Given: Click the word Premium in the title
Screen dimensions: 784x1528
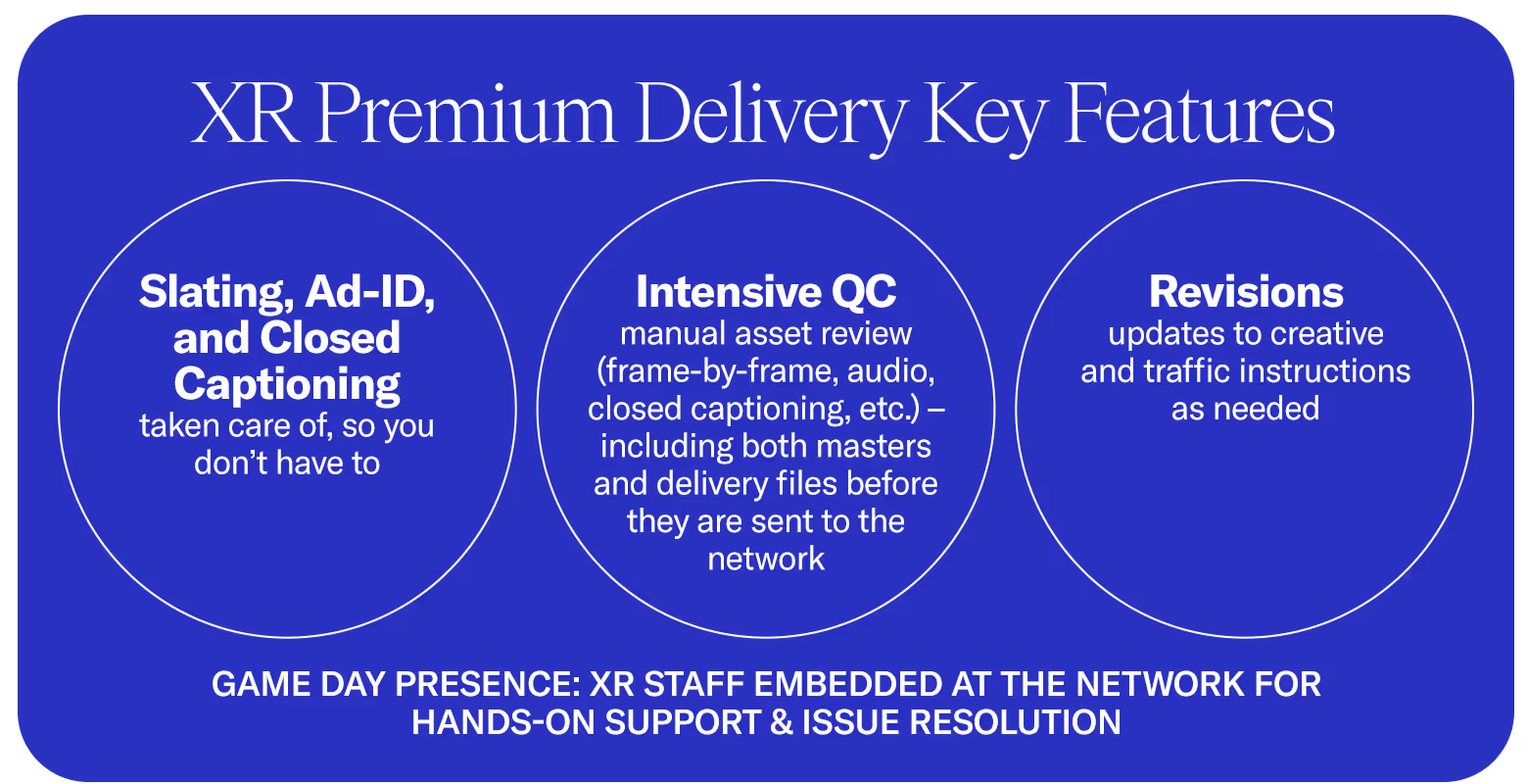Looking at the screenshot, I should (x=465, y=115).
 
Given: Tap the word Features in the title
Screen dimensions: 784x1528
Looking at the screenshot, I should (x=1200, y=115).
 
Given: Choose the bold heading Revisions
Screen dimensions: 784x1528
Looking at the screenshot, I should (x=1246, y=292).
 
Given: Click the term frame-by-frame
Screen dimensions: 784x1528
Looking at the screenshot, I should (x=692, y=371).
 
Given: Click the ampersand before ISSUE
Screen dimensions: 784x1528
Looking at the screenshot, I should (x=781, y=722).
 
